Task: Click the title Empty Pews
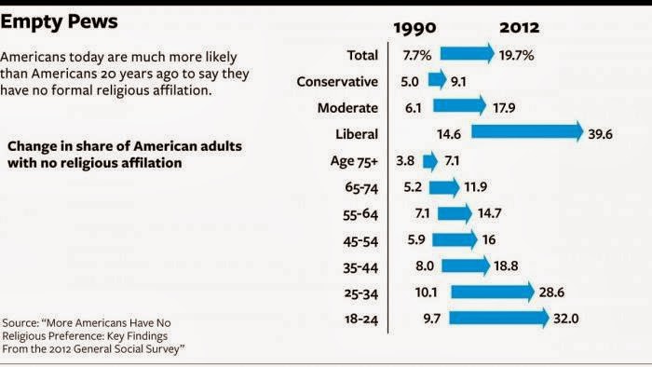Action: (59, 22)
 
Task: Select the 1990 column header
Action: (414, 28)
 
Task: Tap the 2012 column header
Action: (520, 28)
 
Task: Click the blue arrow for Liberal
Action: (527, 131)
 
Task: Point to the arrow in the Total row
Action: (468, 53)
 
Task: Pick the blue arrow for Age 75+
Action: (430, 161)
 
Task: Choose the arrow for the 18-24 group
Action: (499, 318)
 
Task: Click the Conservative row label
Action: (337, 81)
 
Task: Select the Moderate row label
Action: (347, 108)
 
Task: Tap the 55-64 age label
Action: (360, 214)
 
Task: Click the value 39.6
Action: (600, 134)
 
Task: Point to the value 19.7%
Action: (516, 55)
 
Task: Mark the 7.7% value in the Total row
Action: (417, 55)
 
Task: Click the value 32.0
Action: (566, 319)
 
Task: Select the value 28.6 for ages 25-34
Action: (551, 292)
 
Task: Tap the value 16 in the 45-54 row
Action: (489, 239)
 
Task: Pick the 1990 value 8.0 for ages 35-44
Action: (425, 265)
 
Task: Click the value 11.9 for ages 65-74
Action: (475, 186)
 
